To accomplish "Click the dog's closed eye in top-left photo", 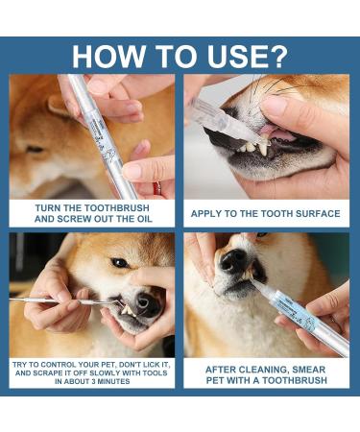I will (x=36, y=150).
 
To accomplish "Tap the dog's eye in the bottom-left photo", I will (x=119, y=262).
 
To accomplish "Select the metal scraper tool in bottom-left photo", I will (x=58, y=300).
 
